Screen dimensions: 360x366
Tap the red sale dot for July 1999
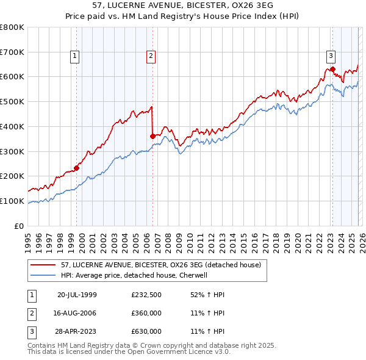tap(77, 168)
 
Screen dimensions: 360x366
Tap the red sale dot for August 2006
tap(152, 136)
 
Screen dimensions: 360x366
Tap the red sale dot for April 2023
tap(332, 69)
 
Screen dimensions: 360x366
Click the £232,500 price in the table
tap(146, 295)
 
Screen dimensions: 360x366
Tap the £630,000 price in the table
tap(146, 331)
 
